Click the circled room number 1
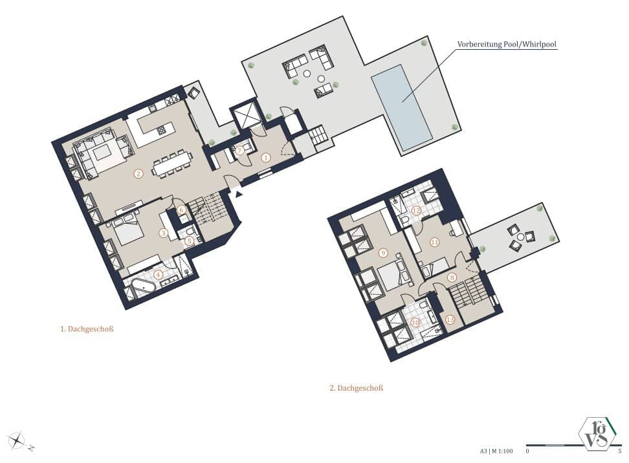[x=265, y=156]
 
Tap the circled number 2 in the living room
[x=138, y=173]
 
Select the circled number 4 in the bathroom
[x=159, y=274]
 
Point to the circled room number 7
[x=240, y=150]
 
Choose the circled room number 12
[x=417, y=211]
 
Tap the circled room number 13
[x=450, y=319]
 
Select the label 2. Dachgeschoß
[x=357, y=388]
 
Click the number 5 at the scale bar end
[x=619, y=451]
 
